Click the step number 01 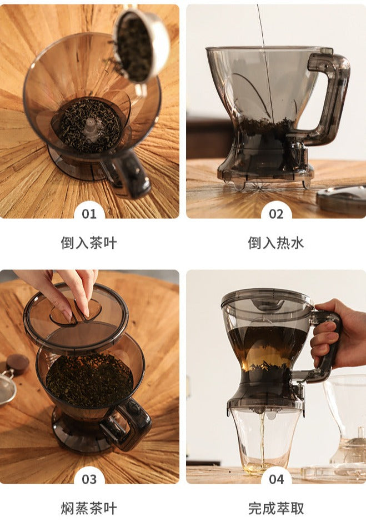click(89, 214)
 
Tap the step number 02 click(276, 214)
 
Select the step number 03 click(89, 479)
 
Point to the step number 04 click(276, 479)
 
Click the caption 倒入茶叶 click(89, 243)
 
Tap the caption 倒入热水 click(276, 243)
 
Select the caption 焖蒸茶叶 click(89, 508)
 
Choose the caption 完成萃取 click(276, 508)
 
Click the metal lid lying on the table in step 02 click(342, 200)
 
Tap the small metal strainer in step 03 click(7, 386)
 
